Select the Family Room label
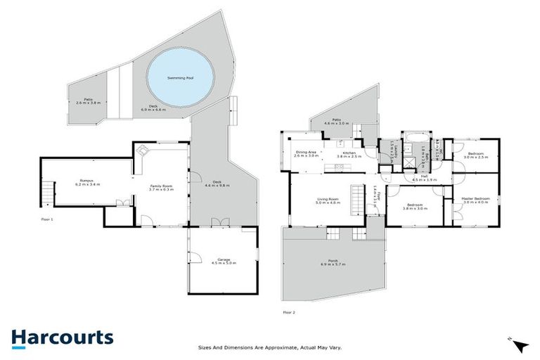[x=162, y=186]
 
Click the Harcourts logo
[x=62, y=337]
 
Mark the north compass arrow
[x=520, y=345]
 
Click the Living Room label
[x=329, y=200]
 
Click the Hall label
[x=425, y=177]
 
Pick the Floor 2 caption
[x=289, y=311]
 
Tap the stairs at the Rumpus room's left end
[x=47, y=190]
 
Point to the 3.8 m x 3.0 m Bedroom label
[x=415, y=207]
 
